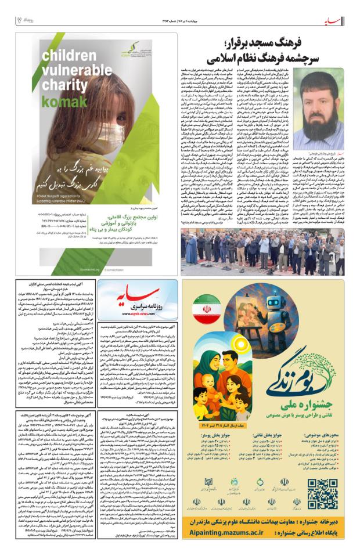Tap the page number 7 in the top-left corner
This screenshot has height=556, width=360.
(19, 19)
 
